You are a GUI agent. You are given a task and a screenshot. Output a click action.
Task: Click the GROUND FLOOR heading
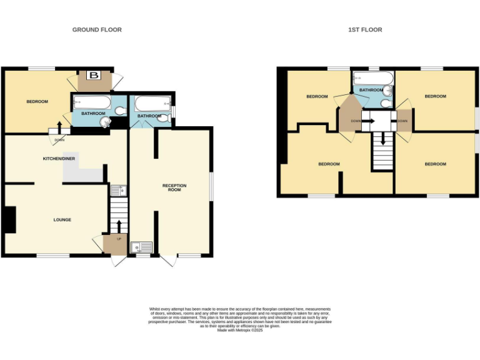(x=97, y=30)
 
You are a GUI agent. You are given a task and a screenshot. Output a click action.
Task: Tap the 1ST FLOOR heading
(x=365, y=30)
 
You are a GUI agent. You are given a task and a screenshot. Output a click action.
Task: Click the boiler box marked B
(x=94, y=76)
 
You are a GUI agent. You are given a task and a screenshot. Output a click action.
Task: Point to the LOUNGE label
(x=62, y=220)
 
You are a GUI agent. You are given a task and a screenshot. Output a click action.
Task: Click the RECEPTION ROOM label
(x=174, y=187)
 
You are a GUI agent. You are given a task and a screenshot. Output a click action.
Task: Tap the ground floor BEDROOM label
(x=37, y=102)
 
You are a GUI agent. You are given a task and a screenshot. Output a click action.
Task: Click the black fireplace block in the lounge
(x=9, y=219)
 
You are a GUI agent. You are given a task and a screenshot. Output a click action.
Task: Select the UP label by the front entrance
(x=119, y=239)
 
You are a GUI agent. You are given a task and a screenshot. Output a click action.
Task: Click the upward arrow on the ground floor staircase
(x=118, y=224)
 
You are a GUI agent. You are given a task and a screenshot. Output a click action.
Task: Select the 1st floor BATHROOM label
(x=371, y=90)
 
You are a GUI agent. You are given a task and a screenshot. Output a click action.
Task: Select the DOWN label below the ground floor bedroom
(x=59, y=139)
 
